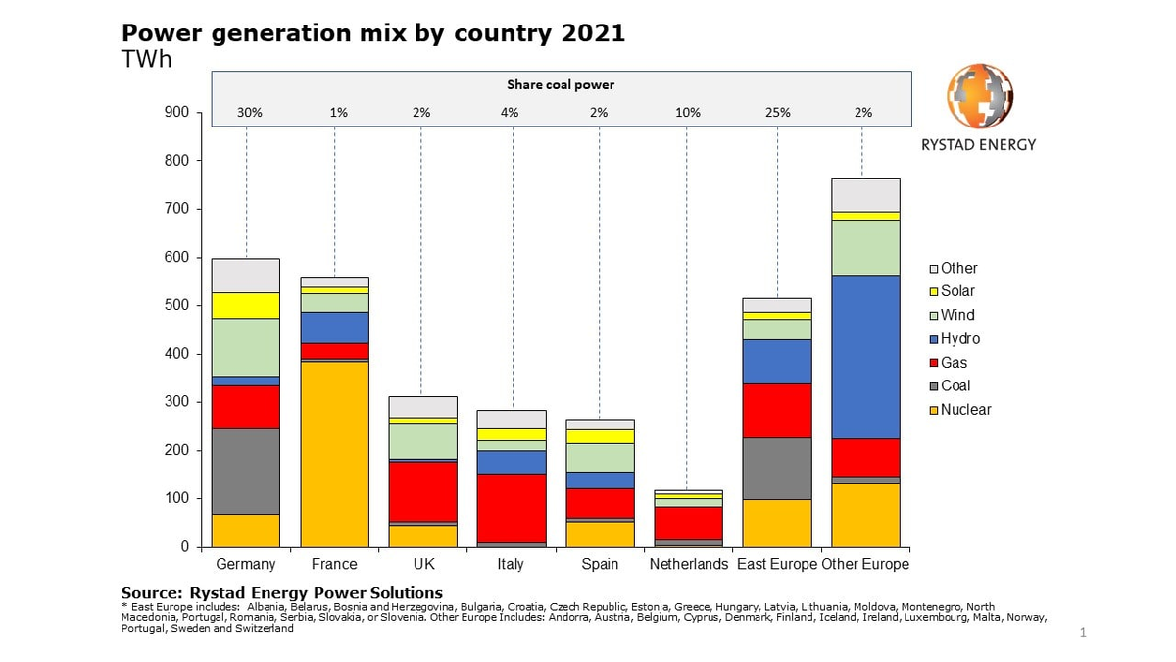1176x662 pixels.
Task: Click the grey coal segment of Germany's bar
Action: (246, 471)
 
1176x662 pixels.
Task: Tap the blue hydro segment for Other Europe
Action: (865, 357)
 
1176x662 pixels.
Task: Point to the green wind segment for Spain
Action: (600, 457)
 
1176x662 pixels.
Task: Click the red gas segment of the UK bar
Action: (422, 491)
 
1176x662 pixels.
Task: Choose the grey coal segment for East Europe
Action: (777, 469)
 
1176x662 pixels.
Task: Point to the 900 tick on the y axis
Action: (176, 113)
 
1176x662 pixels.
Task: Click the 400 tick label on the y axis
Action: (176, 354)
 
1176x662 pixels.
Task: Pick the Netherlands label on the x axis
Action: (689, 565)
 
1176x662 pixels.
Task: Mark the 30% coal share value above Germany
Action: (249, 113)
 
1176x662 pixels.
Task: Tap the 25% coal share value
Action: (778, 113)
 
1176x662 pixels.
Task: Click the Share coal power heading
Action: (561, 85)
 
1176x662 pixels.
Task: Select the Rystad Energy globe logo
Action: (979, 96)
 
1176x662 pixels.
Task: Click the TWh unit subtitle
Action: (147, 59)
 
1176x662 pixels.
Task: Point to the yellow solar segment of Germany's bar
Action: (246, 305)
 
